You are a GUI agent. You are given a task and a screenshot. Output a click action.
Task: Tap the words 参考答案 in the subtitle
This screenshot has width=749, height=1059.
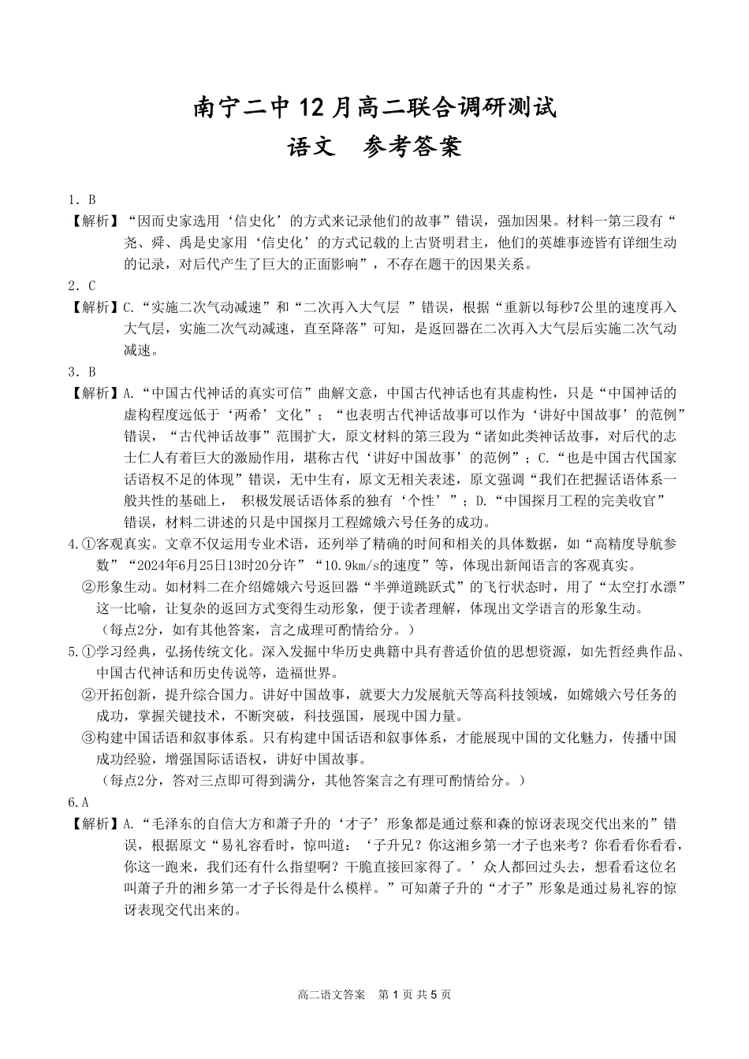[x=412, y=147]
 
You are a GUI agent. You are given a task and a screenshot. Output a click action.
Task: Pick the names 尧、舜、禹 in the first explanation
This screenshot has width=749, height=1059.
[x=158, y=243]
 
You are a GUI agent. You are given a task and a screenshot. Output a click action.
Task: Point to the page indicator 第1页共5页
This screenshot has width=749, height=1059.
[x=415, y=994]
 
